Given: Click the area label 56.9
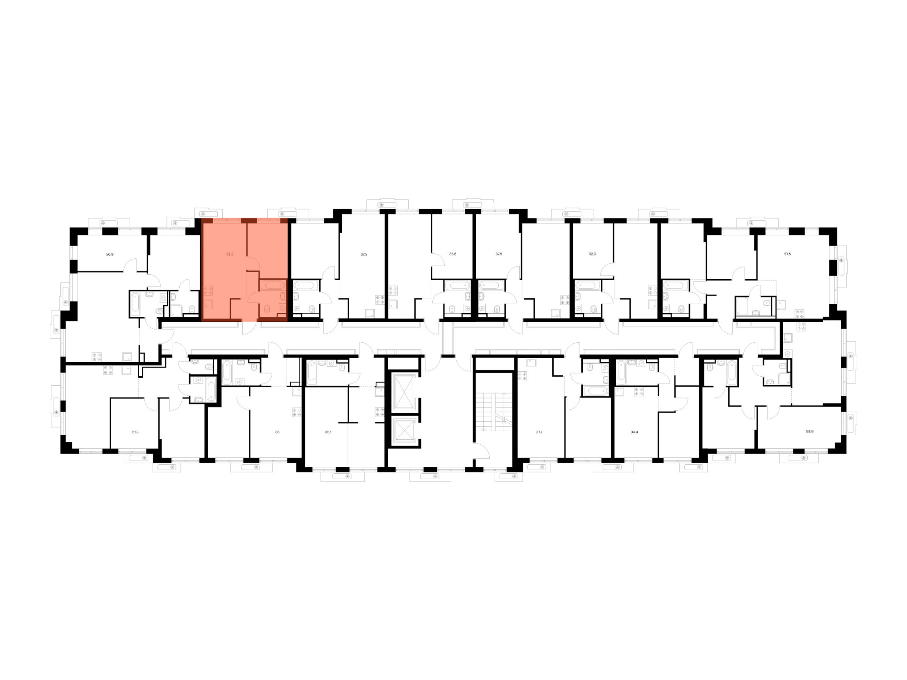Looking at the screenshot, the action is point(110,254).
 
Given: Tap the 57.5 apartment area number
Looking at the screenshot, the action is point(787,254).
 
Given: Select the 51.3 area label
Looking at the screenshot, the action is point(135,432).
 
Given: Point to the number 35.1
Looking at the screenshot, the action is point(328,432).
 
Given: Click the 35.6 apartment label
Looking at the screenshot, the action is point(453,254).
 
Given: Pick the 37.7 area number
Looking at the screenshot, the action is point(539,432).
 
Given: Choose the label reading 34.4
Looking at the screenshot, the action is point(634,432).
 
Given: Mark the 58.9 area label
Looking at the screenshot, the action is point(809,431).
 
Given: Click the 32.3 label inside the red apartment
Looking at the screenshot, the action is point(229,254).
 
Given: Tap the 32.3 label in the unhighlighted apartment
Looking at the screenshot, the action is point(592,254).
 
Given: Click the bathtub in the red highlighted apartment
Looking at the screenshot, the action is point(273,285).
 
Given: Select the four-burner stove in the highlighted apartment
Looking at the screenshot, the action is point(208,291).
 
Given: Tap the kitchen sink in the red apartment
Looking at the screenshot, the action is point(208,305).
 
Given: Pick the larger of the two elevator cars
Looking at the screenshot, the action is point(403,393).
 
